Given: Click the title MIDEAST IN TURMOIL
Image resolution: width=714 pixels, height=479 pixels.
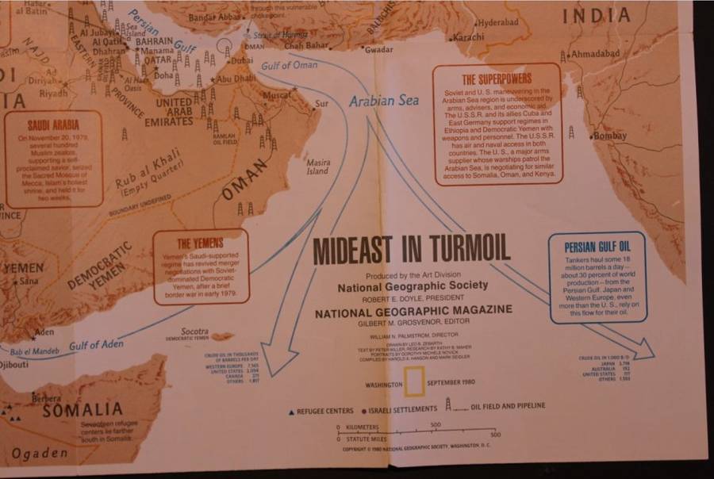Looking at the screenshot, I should [411, 250].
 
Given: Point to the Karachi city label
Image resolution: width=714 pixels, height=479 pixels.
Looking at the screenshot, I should [468, 36].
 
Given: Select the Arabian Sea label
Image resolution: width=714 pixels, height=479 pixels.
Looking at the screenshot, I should [384, 101].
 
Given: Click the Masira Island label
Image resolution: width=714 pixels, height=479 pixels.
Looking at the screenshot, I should [317, 167].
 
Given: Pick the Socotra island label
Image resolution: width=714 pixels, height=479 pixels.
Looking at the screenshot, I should [194, 331].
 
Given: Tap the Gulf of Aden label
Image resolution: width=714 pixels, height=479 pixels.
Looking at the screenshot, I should [96, 344].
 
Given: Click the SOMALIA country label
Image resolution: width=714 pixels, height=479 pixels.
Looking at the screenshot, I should [83, 410].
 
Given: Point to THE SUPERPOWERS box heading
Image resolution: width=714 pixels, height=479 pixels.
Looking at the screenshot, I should [497, 79].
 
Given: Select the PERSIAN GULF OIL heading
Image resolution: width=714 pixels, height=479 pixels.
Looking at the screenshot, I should [597, 246].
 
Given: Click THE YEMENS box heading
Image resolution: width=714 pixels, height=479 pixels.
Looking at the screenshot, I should [199, 243].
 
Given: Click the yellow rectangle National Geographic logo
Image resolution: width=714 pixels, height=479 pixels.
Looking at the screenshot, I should [413, 383].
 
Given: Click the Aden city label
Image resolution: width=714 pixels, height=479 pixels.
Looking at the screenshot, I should [44, 331].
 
